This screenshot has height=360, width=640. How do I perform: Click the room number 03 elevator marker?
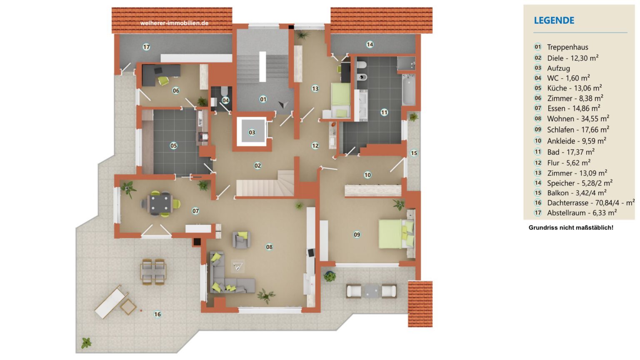(252, 132)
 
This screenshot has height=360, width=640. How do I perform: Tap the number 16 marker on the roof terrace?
(157, 314)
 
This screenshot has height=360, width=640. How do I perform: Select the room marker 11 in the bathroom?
(384, 112)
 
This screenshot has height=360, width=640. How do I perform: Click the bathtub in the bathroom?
(409, 90)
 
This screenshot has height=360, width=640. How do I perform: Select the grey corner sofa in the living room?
(229, 274)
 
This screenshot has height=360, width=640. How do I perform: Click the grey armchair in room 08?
(241, 240)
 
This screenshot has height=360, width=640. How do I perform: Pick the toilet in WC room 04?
(224, 91)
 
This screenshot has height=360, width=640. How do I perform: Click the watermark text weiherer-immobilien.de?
(174, 23)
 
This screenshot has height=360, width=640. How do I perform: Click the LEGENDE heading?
(554, 20)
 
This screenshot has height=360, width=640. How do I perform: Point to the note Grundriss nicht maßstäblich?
(571, 228)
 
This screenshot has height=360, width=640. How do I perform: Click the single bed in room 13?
(340, 100)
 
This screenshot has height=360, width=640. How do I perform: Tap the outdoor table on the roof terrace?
(153, 271)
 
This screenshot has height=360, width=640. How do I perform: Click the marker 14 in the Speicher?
(370, 44)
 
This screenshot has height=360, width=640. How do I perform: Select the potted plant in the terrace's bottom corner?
(86, 342)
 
